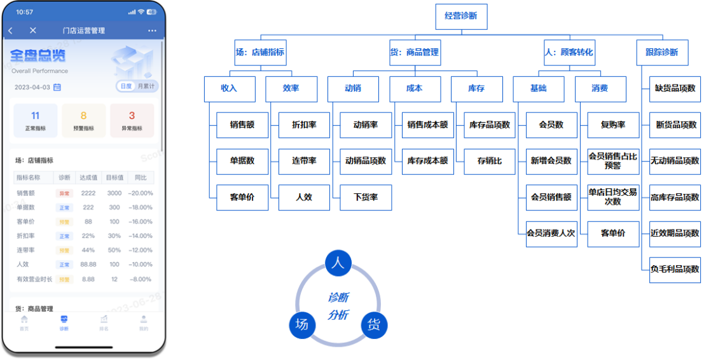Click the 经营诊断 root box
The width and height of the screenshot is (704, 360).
coord(461,17)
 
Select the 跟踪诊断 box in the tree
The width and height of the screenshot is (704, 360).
coord(661,53)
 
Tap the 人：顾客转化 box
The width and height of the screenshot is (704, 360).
coord(569,53)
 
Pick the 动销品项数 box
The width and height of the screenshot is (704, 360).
coord(365,162)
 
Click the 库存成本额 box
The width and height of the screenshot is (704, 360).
coord(427,162)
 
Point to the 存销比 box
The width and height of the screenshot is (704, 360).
coord(489,162)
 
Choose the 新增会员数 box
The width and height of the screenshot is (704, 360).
coord(551,162)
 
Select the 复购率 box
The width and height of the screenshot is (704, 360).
coord(612,125)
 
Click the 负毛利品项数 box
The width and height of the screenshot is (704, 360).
coord(674,269)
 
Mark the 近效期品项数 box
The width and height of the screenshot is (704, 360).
coord(674,233)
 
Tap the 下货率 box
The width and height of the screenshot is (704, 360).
coord(365,198)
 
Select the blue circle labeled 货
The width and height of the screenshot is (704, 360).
coord(374,325)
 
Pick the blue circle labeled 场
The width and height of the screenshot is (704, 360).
coord(302,325)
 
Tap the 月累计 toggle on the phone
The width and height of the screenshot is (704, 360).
coord(146,87)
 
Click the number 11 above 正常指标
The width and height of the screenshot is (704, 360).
coord(36,116)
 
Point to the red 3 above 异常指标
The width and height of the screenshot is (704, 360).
coord(132,116)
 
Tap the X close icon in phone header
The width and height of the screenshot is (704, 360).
coord(33,31)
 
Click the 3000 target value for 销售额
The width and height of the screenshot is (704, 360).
coord(114,193)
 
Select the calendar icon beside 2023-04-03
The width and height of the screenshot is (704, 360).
coord(57,87)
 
